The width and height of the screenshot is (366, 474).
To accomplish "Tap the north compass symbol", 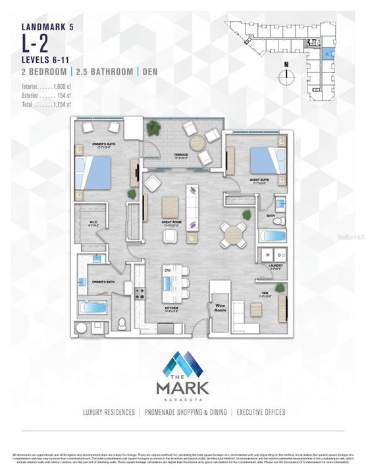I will tap(286, 74).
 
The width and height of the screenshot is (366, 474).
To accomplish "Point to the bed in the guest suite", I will tap(263, 161).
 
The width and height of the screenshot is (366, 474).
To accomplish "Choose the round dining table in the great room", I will tap(233, 234).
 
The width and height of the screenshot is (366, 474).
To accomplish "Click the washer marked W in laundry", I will tap(267, 255).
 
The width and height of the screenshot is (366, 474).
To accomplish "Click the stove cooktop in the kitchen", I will tap(140, 292).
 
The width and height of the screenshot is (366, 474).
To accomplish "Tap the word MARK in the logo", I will tap(182, 388).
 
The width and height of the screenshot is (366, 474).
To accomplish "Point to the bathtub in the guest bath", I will tap(272, 236).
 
